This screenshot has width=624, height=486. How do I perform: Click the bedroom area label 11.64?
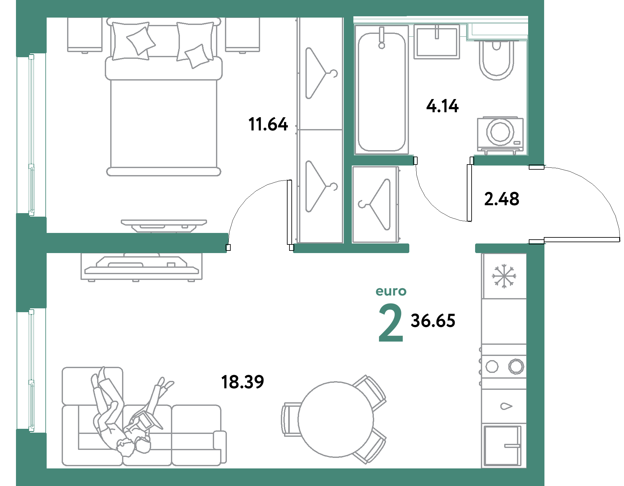point(268,124)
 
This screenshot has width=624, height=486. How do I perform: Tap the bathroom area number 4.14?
point(443,106)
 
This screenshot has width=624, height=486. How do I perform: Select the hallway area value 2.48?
point(502,199)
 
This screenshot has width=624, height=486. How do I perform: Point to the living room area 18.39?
point(243,382)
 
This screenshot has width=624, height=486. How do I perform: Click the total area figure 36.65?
point(433,321)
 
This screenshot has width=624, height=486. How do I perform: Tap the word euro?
point(391,291)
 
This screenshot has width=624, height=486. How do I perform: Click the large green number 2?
point(391,323)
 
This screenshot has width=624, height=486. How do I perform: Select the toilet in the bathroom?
point(496,60)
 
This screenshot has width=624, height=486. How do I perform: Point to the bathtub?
point(381,89)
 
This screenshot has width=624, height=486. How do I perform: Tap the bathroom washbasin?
point(437,42)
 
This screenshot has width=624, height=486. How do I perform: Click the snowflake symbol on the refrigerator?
point(504,276)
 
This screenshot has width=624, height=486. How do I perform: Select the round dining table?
point(335,419)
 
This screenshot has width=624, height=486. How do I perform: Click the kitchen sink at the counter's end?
point(503,445)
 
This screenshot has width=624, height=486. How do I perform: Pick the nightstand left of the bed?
point(85,35)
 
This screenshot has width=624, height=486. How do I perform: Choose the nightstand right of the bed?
point(243,35)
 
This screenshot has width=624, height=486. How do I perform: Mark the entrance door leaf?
point(582,240)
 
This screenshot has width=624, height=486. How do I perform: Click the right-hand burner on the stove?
point(516,366)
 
